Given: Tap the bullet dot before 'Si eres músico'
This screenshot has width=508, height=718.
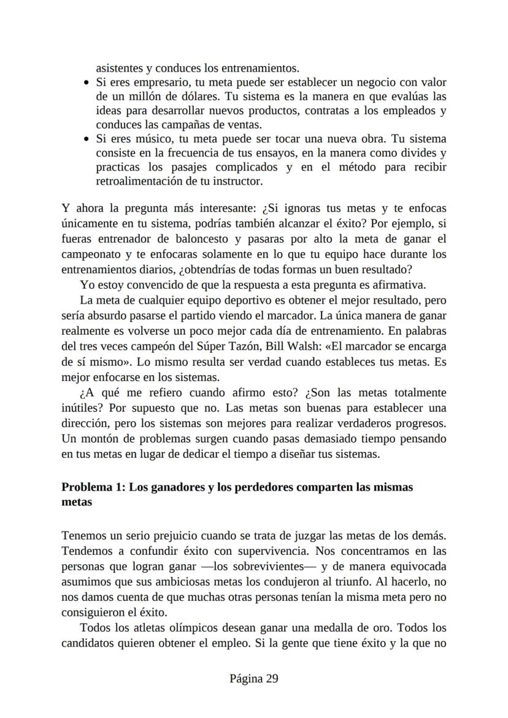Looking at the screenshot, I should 87,139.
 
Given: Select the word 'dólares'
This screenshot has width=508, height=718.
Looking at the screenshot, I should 179,96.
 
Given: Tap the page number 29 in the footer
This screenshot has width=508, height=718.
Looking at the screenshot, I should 273,678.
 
